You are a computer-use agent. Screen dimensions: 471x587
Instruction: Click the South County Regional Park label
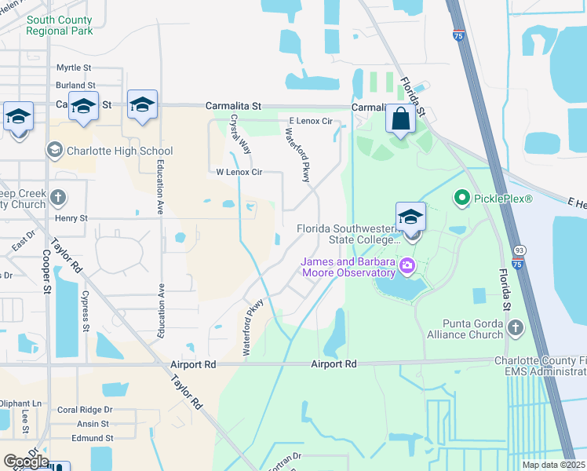pos(59,25)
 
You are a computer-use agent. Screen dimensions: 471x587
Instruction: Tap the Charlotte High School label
pos(120,151)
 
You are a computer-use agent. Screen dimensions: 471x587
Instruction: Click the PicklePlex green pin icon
pos(462,199)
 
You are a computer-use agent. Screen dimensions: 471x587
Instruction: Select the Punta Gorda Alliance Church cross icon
pos(515,327)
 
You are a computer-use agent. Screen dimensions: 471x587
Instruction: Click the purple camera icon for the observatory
pos(407,266)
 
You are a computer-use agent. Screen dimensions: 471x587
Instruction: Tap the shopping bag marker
pos(400,120)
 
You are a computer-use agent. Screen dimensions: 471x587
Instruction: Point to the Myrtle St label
pos(74,68)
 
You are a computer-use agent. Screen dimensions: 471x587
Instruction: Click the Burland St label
pos(75,86)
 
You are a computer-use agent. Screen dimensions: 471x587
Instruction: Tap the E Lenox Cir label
pos(311,121)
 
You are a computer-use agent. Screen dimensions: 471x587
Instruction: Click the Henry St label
pos(71,217)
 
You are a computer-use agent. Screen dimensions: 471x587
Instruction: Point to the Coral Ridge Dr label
pos(85,410)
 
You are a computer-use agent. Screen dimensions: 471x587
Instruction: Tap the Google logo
pos(25,462)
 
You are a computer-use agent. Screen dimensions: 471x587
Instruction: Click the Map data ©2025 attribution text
pos(553,465)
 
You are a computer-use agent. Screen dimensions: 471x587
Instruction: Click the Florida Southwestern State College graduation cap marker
pos(411,217)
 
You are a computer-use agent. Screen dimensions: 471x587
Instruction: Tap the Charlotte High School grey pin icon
pos(54,150)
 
